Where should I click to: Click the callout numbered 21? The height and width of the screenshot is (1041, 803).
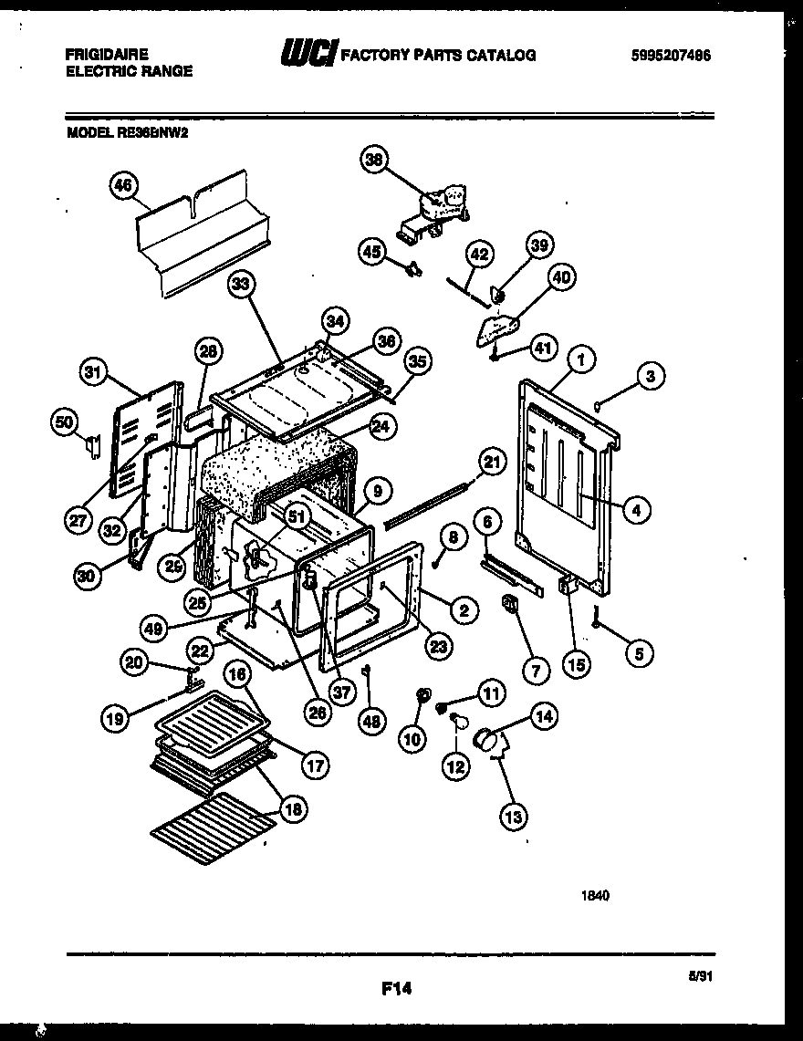(x=493, y=463)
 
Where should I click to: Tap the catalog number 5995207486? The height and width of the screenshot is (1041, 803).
(x=671, y=56)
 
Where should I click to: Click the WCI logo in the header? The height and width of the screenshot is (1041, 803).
(x=308, y=54)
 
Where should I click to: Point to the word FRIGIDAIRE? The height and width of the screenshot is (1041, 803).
(x=107, y=55)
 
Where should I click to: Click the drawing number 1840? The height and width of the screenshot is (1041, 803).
(x=595, y=895)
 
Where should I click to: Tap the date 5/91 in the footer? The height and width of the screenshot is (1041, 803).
(x=699, y=975)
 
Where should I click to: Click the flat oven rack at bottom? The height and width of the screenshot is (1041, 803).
(x=213, y=826)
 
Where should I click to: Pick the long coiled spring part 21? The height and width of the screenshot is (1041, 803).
(x=429, y=507)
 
